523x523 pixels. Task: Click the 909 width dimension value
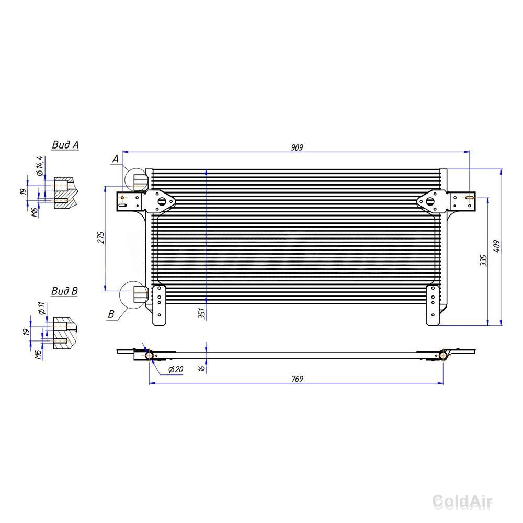point(297,147)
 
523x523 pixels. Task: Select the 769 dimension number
point(297,379)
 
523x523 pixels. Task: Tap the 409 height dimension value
point(497,246)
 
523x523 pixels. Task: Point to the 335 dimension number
point(483,260)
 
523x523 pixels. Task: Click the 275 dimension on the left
point(101,237)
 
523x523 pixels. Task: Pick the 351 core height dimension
point(202,313)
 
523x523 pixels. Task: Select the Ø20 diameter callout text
point(176,369)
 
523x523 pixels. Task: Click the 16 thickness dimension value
point(201,368)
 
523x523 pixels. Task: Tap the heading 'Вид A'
point(65,145)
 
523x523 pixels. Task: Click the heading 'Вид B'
point(64,291)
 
